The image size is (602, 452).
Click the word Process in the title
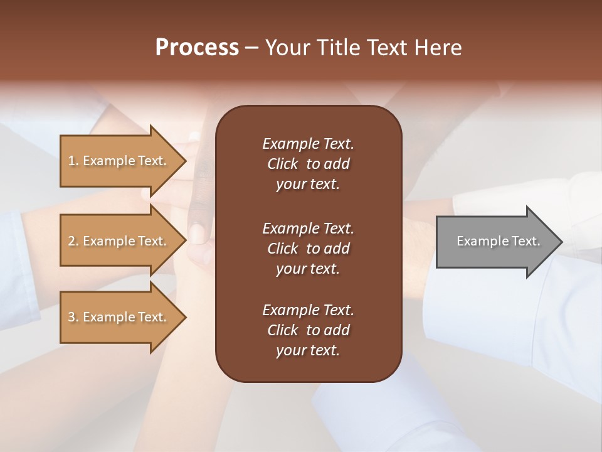click(x=197, y=48)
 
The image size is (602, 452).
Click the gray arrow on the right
click(x=489, y=242)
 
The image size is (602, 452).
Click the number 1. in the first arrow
click(x=73, y=161)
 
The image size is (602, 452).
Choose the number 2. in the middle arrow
click(x=73, y=241)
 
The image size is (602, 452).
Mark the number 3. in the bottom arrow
click(x=73, y=317)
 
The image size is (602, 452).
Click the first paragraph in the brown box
click(x=308, y=164)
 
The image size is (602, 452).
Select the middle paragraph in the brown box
click(x=308, y=248)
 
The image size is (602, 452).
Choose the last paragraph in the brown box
click(x=308, y=330)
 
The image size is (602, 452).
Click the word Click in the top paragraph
click(x=282, y=164)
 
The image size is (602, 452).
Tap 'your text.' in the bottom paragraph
click(x=308, y=350)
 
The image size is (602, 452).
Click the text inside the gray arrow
click(x=498, y=241)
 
